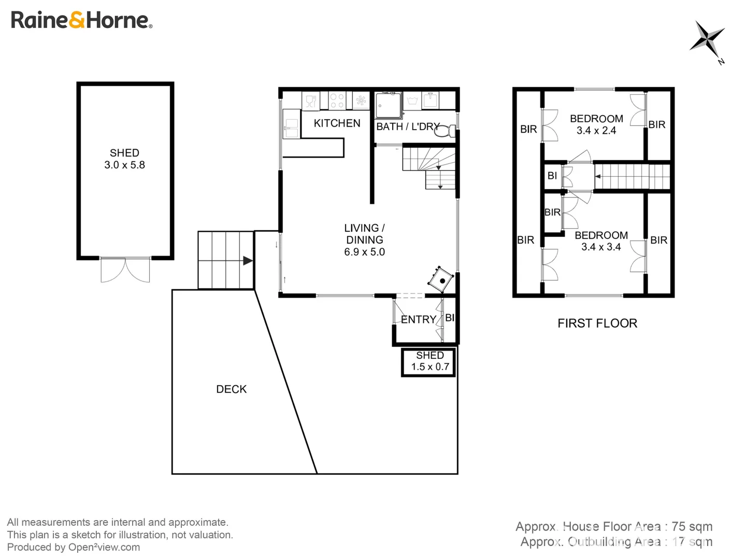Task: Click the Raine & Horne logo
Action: click(x=81, y=20)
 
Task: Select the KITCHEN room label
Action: click(x=337, y=123)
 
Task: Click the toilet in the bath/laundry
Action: click(x=443, y=132)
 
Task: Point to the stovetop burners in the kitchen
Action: click(x=337, y=101)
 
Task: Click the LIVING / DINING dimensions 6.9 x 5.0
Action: click(x=364, y=252)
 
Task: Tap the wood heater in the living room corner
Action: click(x=441, y=280)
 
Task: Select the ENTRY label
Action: click(x=418, y=319)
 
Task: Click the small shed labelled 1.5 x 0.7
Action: click(x=429, y=361)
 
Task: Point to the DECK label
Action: click(x=231, y=389)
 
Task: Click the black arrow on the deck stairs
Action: click(x=248, y=261)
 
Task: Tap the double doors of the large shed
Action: click(x=125, y=270)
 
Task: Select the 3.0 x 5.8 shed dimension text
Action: click(x=124, y=165)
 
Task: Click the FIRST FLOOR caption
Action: click(x=597, y=323)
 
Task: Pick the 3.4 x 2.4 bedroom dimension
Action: click(x=596, y=130)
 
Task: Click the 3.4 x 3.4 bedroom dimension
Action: click(x=601, y=247)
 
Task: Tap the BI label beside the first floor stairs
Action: click(x=552, y=176)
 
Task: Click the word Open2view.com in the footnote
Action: click(x=104, y=547)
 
